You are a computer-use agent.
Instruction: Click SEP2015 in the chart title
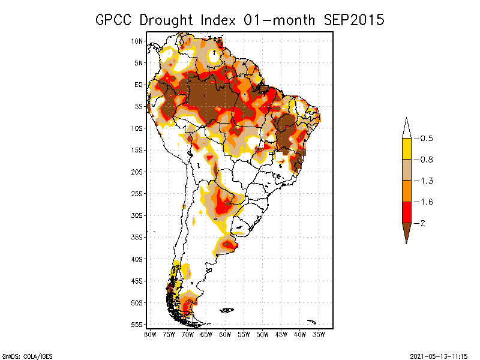[x=354, y=20]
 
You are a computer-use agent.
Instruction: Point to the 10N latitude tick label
[x=137, y=41]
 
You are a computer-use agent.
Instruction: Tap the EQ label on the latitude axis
[x=139, y=85]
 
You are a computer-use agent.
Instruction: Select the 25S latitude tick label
[x=137, y=194]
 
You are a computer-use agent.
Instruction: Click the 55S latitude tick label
[x=137, y=325]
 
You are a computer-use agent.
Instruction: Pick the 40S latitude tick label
[x=137, y=259]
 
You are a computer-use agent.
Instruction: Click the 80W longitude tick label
[x=150, y=334]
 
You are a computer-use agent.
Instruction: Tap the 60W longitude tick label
[x=225, y=334]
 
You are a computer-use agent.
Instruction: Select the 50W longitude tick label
[x=262, y=334]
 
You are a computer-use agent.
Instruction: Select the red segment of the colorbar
[x=406, y=212]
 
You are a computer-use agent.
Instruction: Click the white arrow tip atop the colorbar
[x=406, y=128]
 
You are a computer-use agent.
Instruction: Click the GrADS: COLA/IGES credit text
[x=22, y=355]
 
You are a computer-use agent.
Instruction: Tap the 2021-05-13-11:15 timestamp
[x=439, y=355]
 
